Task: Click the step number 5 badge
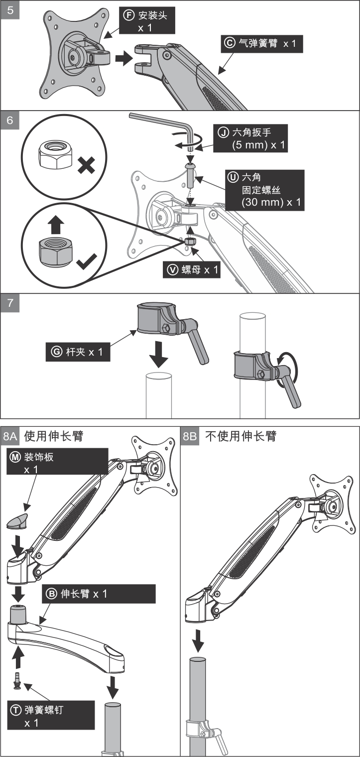point(10,10)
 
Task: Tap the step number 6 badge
point(10,121)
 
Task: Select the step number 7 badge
point(10,303)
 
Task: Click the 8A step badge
point(10,437)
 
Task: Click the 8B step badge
point(190,437)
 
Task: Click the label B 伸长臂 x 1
point(99,594)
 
